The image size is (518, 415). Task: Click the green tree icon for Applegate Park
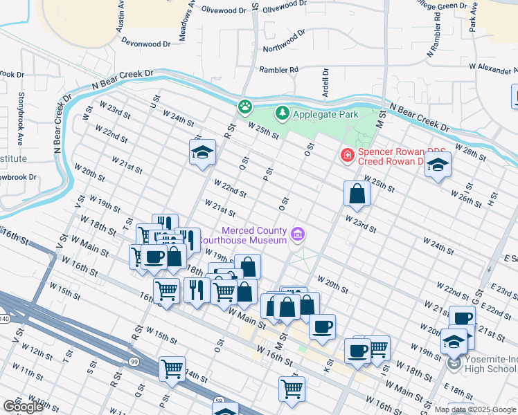pos(282,112)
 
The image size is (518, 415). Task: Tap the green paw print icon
pos(244,107)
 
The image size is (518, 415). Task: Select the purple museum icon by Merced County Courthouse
pos(298,235)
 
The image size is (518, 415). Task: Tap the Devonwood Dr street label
pos(145,44)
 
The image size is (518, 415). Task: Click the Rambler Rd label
pos(278,70)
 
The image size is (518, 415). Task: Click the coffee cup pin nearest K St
pos(321,326)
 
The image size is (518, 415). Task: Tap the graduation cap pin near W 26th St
pos(438,165)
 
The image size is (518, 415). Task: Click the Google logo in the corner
pos(23,407)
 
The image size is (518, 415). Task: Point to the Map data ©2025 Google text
pos(475,409)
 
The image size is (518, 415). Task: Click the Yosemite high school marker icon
pos(454,363)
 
